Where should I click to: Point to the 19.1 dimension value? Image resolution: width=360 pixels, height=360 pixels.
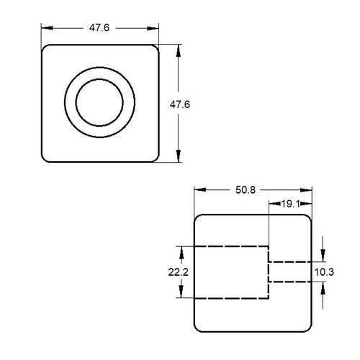point(290,205)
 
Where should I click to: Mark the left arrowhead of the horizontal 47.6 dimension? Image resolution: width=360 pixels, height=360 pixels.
point(45,28)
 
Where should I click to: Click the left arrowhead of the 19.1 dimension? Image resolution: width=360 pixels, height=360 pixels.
point(272,204)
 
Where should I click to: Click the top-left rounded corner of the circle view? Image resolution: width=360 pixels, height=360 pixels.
point(47,50)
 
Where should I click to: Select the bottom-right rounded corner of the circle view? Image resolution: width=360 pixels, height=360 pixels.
point(153,158)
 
